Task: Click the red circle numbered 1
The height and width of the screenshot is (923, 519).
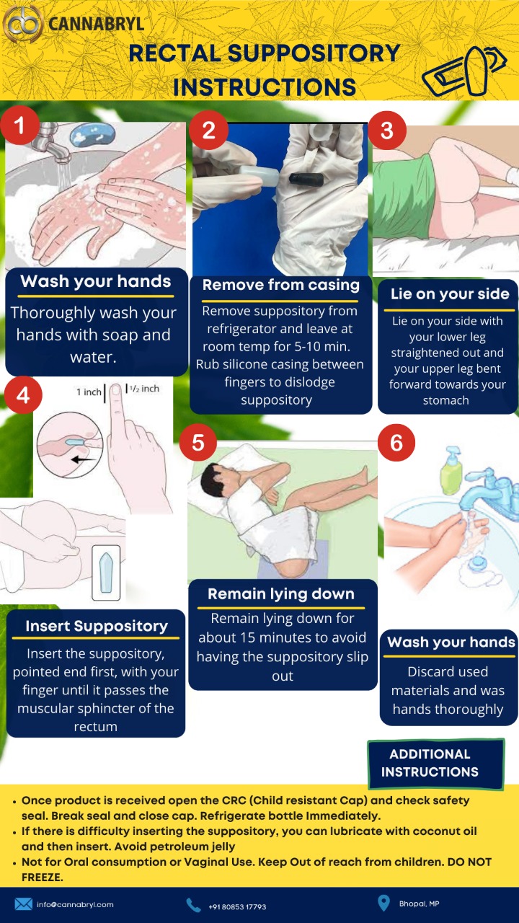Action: click(x=19, y=125)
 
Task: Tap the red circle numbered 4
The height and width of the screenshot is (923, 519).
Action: click(x=23, y=395)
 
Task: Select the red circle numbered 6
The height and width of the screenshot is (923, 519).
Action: click(x=396, y=443)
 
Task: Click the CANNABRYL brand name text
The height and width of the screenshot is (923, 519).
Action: click(x=97, y=24)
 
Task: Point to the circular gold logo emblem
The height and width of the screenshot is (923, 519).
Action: click(x=22, y=25)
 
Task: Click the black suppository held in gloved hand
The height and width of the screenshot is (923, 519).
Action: click(x=306, y=178)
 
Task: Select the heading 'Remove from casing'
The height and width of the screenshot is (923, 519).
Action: click(x=281, y=285)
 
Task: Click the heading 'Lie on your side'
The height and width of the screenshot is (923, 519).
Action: click(x=450, y=293)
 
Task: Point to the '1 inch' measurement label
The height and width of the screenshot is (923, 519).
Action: click(x=89, y=392)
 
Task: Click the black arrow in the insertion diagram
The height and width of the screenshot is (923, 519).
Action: click(x=82, y=459)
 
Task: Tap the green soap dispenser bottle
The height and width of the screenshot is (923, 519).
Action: click(x=452, y=471)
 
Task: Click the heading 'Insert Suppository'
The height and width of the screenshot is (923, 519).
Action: click(x=97, y=627)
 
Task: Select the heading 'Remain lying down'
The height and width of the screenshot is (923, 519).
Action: click(x=281, y=593)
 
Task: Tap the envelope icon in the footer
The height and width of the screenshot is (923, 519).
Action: click(x=24, y=904)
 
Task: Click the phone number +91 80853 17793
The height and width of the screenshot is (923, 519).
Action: click(x=237, y=907)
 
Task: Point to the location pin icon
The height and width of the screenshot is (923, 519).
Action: click(x=383, y=903)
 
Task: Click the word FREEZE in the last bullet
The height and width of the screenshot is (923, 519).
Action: click(x=41, y=878)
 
